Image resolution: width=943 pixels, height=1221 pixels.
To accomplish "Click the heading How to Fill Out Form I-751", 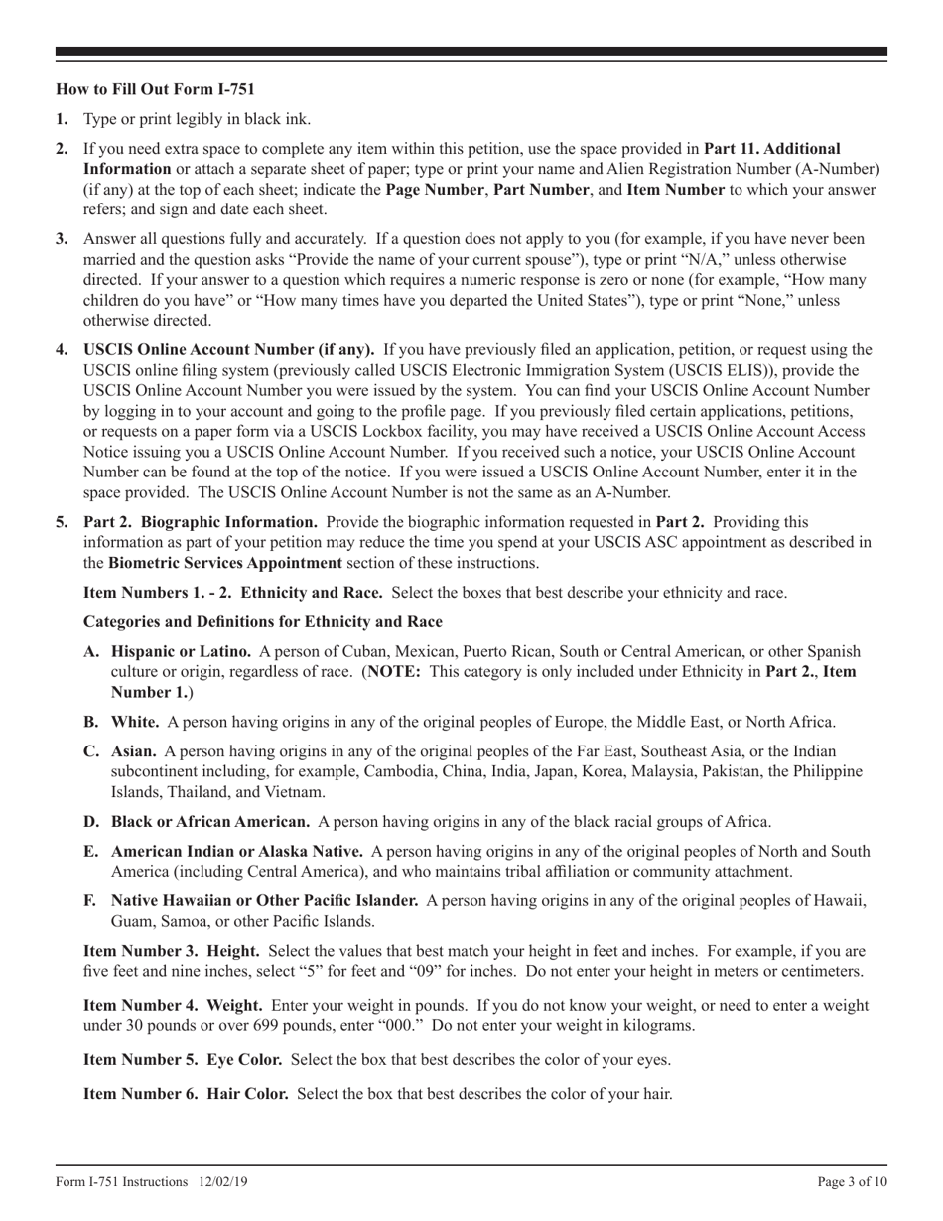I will point(155,89).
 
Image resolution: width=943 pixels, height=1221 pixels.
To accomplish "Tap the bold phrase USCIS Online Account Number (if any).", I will point(229,349).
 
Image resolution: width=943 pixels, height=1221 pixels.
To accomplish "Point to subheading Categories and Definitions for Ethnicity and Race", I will point(262,622).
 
